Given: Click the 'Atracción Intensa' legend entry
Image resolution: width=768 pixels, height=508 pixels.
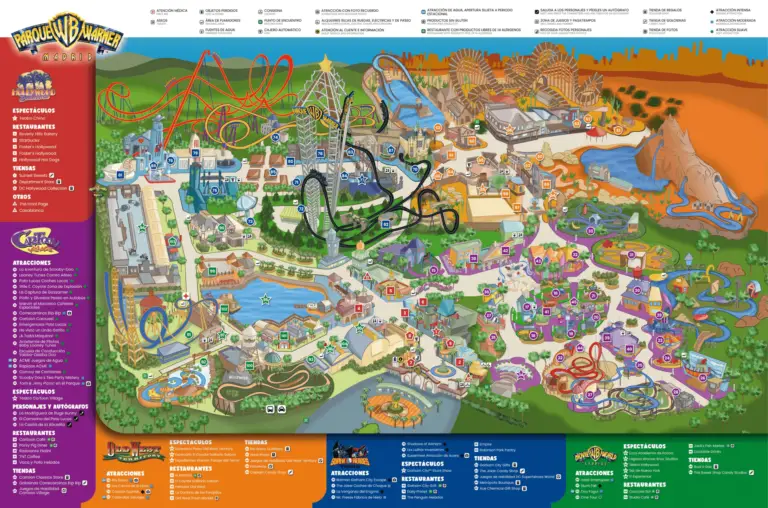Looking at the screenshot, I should [735, 9].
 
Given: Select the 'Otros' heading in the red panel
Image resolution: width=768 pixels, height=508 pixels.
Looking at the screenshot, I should [24, 197].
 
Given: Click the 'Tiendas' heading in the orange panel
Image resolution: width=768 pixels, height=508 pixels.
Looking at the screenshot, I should [256, 442].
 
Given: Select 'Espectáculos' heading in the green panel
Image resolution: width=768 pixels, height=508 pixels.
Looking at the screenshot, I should [645, 446].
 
